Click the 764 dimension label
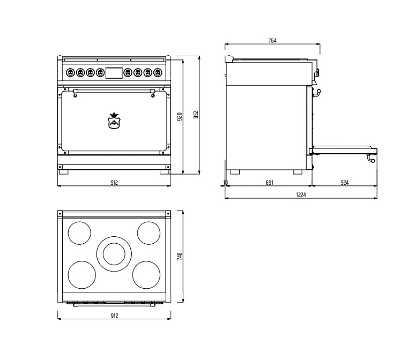tap(272, 41)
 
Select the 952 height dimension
tap(196, 115)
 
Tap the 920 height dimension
tap(180, 117)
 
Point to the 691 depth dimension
tap(270, 183)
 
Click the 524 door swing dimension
tap(345, 183)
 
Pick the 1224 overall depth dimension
tap(301, 194)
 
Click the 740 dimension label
tap(180, 256)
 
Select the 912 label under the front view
tap(114, 183)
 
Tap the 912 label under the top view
tap(114, 316)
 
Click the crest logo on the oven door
tap(114, 121)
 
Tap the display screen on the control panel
tap(114, 73)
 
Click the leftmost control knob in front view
tap(70, 72)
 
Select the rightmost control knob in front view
tap(158, 72)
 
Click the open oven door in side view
tap(344, 150)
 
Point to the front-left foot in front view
tap(63, 172)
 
